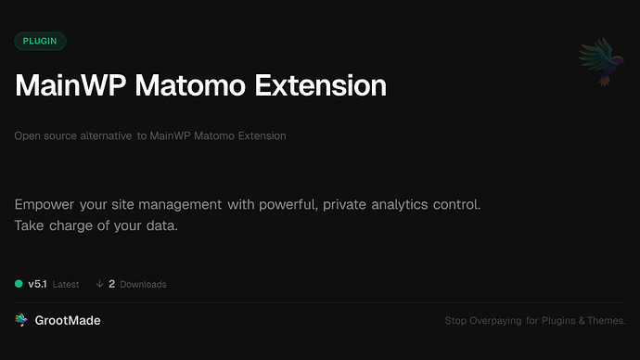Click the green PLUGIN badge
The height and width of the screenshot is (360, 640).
click(40, 41)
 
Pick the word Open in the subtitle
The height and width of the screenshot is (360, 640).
click(26, 136)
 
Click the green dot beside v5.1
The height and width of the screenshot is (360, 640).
click(19, 284)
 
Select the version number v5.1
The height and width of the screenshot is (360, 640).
click(37, 284)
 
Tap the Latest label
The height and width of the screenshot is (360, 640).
click(65, 284)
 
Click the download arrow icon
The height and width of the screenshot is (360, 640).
click(99, 284)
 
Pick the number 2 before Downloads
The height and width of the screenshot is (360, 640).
click(111, 284)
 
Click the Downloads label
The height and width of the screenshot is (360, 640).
click(143, 284)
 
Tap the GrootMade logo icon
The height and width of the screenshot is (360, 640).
click(20, 320)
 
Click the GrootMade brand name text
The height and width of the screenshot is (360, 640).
click(68, 320)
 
